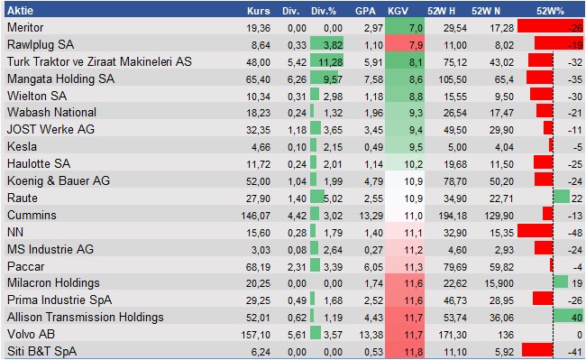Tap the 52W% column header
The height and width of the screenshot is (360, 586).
550,11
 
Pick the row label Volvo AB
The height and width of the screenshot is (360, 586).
31,334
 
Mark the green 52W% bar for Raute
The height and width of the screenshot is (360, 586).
562,198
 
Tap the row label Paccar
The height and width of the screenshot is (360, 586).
25,266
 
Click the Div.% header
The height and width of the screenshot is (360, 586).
324,11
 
